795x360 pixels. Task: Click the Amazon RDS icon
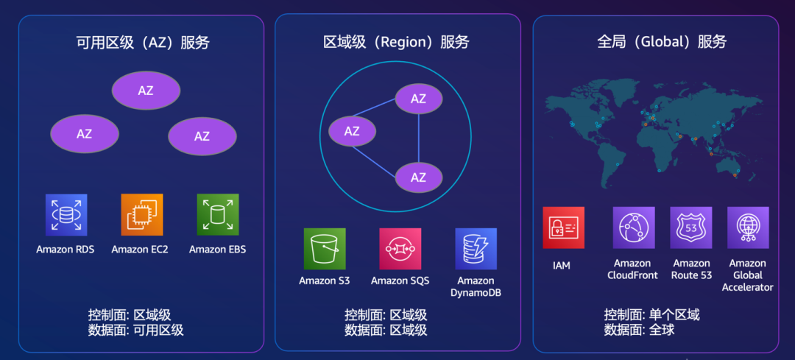(x=66, y=215)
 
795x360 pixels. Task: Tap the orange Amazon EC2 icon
(x=142, y=215)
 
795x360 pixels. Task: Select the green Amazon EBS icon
(x=218, y=215)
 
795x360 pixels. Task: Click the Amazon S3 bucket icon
(x=325, y=249)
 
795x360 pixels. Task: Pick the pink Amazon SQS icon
(x=400, y=249)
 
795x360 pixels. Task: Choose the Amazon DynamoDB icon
(x=476, y=249)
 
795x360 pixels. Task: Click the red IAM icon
(x=563, y=227)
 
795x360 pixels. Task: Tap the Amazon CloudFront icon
(x=634, y=227)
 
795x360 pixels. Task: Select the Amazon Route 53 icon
(x=691, y=227)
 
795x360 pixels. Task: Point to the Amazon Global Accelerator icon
(x=748, y=227)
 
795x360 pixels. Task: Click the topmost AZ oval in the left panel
(x=146, y=91)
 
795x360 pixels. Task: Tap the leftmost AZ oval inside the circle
(x=352, y=131)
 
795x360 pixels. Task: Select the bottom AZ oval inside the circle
(x=419, y=177)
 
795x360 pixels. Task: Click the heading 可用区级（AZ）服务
(x=143, y=43)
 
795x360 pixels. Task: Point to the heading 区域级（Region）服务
(x=396, y=42)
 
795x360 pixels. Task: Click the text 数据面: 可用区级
(x=135, y=331)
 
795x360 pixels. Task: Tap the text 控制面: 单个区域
(x=651, y=315)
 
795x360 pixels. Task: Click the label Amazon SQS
(x=400, y=280)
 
